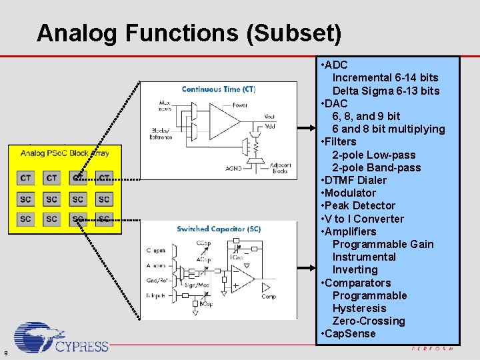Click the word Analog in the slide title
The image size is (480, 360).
point(71,33)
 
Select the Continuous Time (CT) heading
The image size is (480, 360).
point(218,89)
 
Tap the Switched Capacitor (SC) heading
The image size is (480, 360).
point(219,229)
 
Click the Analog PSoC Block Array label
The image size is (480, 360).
point(64,153)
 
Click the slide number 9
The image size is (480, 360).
point(5,353)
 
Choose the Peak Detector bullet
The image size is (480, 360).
point(360,205)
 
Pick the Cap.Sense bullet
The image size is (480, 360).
point(351,333)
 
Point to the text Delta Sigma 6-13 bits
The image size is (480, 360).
point(386,91)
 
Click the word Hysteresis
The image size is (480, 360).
point(359,308)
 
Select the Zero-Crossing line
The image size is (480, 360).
point(369,321)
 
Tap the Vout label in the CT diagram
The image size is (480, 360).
point(269,117)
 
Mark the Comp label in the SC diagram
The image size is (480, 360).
point(269,296)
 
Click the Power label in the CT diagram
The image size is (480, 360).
point(240,105)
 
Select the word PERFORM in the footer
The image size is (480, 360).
point(432,349)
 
